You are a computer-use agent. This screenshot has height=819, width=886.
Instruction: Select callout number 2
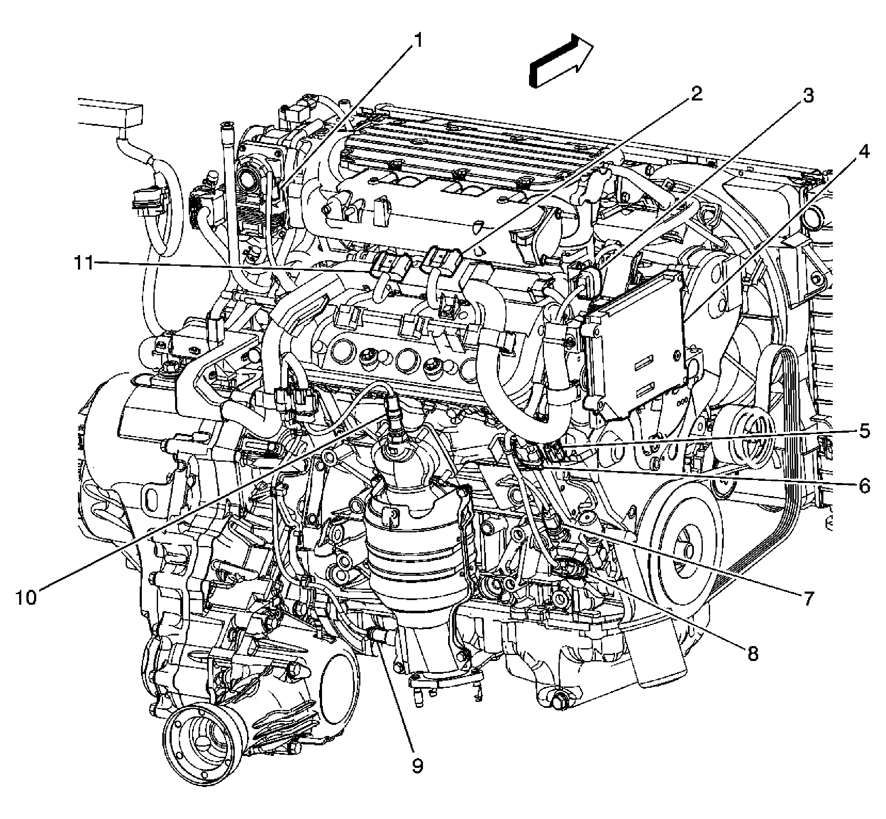[x=696, y=94]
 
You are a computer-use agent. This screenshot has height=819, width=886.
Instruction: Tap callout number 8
[x=753, y=654]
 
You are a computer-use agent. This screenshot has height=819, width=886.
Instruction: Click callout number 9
[x=417, y=765]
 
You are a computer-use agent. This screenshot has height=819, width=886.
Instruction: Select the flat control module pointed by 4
[x=638, y=346]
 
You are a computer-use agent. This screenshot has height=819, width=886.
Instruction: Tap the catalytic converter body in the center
[x=417, y=554]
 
